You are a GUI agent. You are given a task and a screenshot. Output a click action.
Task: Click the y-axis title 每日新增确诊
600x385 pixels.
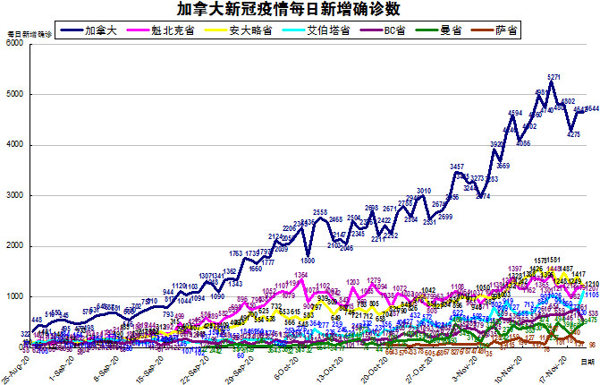(30, 34)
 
